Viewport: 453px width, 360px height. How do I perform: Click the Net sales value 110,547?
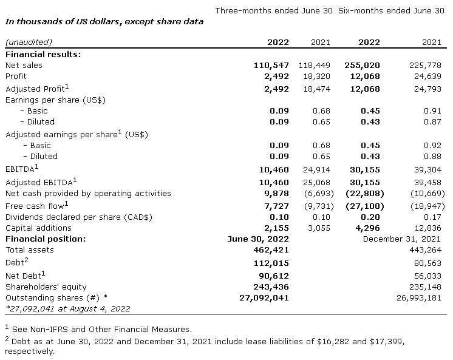(271, 65)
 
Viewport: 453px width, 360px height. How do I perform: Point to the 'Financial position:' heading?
(46, 239)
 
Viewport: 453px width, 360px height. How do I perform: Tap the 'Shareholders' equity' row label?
(46, 287)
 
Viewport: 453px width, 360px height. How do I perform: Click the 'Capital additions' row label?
(39, 228)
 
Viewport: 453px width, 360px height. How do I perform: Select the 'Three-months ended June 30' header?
(274, 10)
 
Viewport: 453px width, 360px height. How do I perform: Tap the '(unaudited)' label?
(29, 42)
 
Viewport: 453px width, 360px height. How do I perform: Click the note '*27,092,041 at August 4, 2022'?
(68, 308)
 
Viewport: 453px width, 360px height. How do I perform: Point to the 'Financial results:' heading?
(43, 54)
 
